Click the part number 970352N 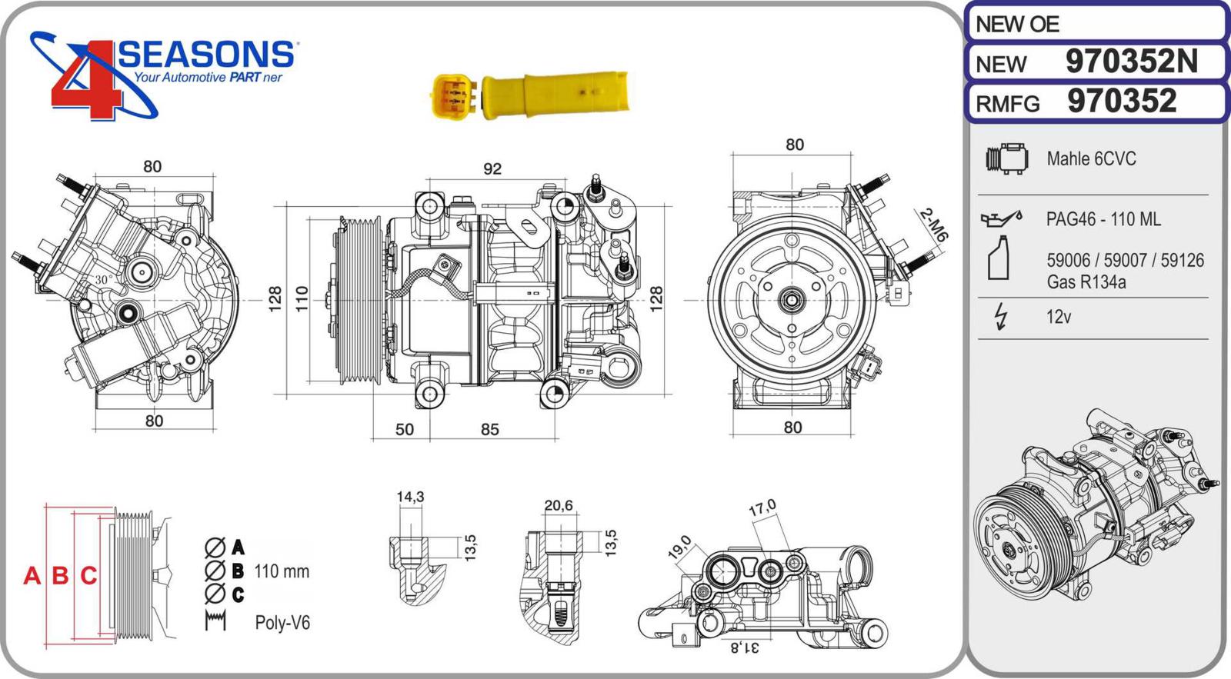[x=1131, y=62]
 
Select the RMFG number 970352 [x=1122, y=102]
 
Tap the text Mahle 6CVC [x=1091, y=159]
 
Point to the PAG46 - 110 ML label [x=1103, y=219]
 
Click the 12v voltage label [x=1059, y=317]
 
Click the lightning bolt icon [x=1001, y=316]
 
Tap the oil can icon [x=1000, y=219]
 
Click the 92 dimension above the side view [x=492, y=168]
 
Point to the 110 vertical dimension [x=302, y=298]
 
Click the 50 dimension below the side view [x=405, y=430]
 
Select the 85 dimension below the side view [x=490, y=430]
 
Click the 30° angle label [x=104, y=280]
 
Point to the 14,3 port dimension [x=410, y=497]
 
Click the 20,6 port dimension [x=559, y=505]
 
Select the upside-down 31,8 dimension [x=744, y=647]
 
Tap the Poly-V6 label [x=282, y=623]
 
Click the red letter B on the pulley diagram [x=60, y=575]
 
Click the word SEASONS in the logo [x=206, y=55]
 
